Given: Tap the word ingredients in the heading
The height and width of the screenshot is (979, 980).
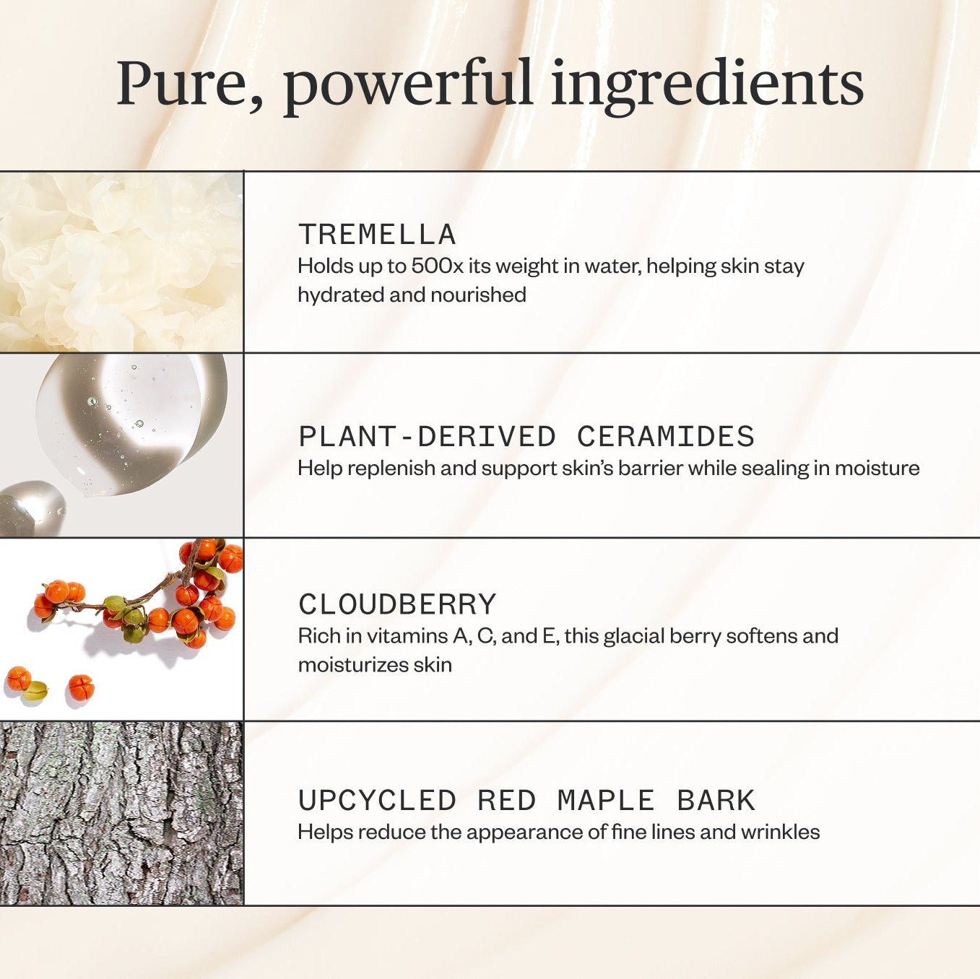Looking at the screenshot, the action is (x=708, y=87).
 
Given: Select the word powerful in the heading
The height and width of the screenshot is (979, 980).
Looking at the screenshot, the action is (x=408, y=87).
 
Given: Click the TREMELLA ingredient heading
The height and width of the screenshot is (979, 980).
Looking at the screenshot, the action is (x=377, y=235).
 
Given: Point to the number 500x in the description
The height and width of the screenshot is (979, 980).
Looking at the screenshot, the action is (x=438, y=266).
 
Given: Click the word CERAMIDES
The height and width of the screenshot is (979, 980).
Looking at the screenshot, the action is (x=666, y=436).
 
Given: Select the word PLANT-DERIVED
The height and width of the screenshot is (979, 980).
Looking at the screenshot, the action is (x=428, y=436).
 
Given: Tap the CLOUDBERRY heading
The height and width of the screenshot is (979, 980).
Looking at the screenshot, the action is (x=396, y=604).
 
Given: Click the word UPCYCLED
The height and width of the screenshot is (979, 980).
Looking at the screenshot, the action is (x=377, y=801).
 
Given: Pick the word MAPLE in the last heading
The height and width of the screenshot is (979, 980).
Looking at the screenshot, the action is (x=606, y=801).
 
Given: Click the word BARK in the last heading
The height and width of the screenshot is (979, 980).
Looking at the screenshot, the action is (x=716, y=801).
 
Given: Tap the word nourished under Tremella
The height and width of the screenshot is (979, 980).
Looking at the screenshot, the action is (x=478, y=295).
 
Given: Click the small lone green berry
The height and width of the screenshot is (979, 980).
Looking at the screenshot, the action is (x=35, y=690).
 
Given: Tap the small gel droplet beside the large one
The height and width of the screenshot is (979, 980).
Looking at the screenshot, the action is (x=32, y=508).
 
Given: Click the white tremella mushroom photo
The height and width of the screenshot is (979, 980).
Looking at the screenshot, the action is (x=121, y=262).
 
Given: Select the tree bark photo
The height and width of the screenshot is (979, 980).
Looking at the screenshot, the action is (x=121, y=813).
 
